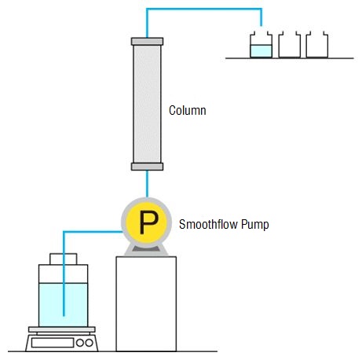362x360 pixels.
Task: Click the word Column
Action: click(188, 110)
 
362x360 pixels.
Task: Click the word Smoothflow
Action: click(209, 224)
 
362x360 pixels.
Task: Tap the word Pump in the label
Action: click(254, 225)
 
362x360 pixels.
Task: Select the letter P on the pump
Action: click(148, 222)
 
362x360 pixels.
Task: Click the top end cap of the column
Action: click(147, 42)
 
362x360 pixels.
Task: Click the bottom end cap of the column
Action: click(147, 167)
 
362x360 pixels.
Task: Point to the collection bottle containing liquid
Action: click(261, 45)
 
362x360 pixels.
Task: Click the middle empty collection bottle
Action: click(289, 45)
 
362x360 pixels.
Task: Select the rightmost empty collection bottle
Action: click(317, 45)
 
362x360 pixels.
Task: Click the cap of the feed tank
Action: click(64, 259)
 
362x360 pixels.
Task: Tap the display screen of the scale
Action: click(53, 343)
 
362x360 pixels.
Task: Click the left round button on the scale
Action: click(80, 343)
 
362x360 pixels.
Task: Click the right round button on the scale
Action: click(89, 343)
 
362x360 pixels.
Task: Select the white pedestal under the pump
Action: click(146, 304)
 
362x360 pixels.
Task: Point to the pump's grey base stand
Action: click(146, 250)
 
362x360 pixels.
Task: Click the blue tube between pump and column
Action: click(147, 184)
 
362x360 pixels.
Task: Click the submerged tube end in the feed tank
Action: click(64, 315)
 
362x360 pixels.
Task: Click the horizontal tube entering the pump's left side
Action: click(93, 232)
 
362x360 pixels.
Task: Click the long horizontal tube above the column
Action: click(204, 9)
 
